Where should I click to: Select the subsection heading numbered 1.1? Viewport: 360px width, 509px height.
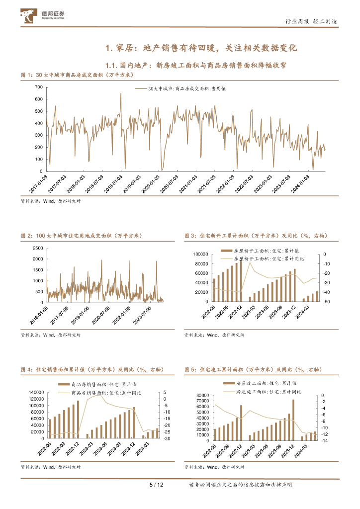pyautogui.click(x=196, y=65)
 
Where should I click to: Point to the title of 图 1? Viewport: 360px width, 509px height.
pyautogui.click(x=77, y=75)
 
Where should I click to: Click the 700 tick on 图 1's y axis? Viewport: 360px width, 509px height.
pyautogui.click(x=38, y=87)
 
